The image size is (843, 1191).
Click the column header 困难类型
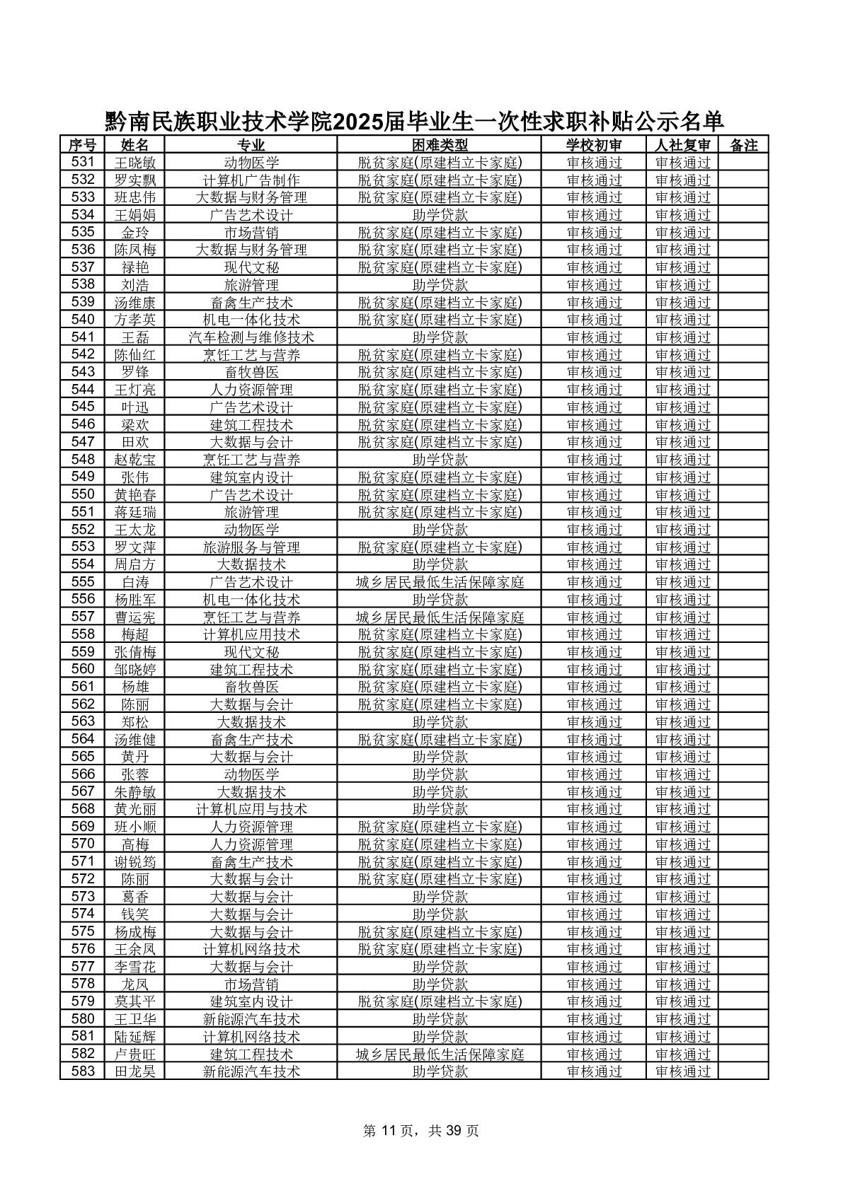coord(439,145)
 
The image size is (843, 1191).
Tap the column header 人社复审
coord(682,145)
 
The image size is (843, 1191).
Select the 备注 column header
coord(743,145)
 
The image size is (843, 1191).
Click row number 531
coord(83,163)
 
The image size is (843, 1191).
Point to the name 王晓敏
coord(134,163)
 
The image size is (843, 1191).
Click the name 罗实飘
coord(134,180)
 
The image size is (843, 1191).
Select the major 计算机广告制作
coord(251,180)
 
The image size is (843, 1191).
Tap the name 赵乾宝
coord(134,460)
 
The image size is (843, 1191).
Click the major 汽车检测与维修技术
coord(251,337)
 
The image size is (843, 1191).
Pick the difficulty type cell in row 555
coord(439,582)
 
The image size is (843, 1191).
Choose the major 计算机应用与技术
coord(251,809)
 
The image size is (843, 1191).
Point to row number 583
coord(83,1071)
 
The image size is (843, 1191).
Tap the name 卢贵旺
coord(134,1054)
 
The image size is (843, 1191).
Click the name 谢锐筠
coord(134,861)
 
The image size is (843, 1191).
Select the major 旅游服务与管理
coord(251,547)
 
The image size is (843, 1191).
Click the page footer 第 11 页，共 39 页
coord(421,1131)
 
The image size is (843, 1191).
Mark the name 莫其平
coord(134,1001)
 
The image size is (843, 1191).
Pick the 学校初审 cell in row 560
coord(594,670)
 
